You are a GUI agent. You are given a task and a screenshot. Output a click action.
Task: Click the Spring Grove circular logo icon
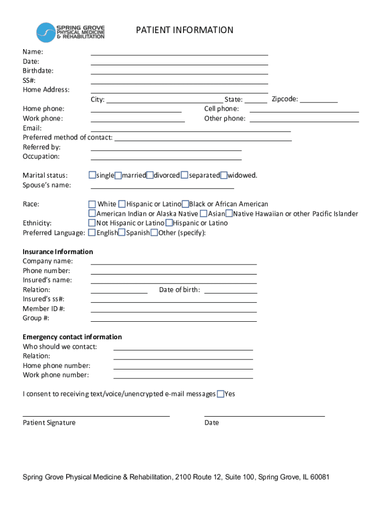pyautogui.click(x=46, y=33)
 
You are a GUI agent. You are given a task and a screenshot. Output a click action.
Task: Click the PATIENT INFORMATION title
pyautogui.click(x=184, y=30)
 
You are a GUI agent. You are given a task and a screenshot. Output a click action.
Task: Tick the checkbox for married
pyautogui.click(x=118, y=175)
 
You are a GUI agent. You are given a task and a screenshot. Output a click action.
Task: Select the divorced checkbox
pyautogui.click(x=150, y=175)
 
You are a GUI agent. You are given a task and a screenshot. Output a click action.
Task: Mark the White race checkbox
pyautogui.click(x=92, y=204)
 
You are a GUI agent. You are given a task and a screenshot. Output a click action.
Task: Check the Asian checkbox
pyautogui.click(x=205, y=214)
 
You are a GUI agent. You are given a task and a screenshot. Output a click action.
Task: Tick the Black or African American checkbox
pyautogui.click(x=185, y=204)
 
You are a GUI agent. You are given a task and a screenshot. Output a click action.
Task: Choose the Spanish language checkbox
pyautogui.click(x=122, y=233)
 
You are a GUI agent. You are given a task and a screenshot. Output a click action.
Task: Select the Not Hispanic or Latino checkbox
pyautogui.click(x=92, y=223)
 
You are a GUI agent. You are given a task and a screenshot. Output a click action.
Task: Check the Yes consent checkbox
pyautogui.click(x=220, y=394)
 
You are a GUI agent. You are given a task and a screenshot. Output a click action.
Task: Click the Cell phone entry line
pyautogui.click(x=304, y=111)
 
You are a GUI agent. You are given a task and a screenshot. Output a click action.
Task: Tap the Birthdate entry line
pyautogui.click(x=179, y=73)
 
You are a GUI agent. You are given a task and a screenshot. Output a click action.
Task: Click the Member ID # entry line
pyautogui.click(x=173, y=311)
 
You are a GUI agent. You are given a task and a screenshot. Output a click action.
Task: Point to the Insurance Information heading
pyautogui.click(x=58, y=251)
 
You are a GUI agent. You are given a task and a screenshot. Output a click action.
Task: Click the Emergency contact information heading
pyautogui.click(x=72, y=337)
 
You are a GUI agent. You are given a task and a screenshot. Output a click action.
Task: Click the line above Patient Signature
pyautogui.click(x=96, y=415)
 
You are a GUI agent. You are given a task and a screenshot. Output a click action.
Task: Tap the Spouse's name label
pyautogui.click(x=47, y=185)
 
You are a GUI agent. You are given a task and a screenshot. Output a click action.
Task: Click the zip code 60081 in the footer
pyautogui.click(x=319, y=477)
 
